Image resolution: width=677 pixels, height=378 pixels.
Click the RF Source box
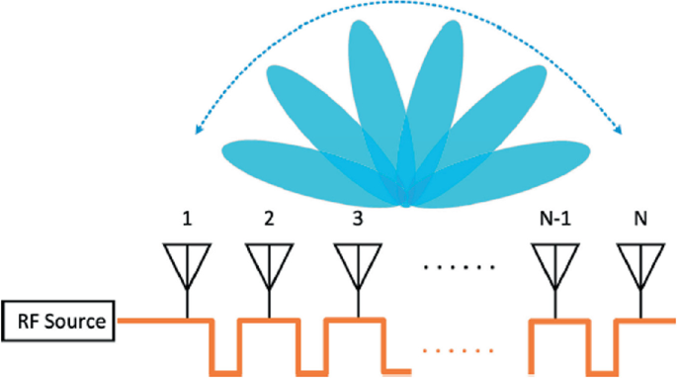tap(60, 320)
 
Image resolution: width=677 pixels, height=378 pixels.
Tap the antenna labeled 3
tap(354, 263)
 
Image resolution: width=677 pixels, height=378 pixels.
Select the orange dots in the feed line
tap(450, 349)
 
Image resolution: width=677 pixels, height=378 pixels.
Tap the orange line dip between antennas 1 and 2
tap(224, 371)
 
